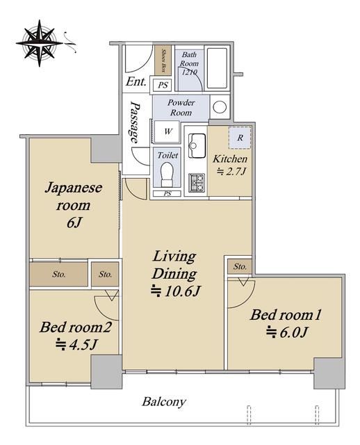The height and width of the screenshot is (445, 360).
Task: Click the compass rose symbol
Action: click(x=40, y=43)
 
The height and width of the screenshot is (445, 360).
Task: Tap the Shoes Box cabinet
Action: click(x=163, y=60)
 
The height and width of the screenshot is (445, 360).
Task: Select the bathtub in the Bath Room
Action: click(x=217, y=68)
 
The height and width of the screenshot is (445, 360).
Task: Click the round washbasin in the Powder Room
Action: click(x=220, y=107)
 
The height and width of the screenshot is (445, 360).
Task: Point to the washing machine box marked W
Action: click(x=167, y=131)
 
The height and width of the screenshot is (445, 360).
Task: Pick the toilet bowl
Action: click(x=167, y=175)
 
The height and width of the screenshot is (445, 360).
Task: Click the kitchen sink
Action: click(x=197, y=146)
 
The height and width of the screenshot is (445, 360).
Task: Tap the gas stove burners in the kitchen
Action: click(x=196, y=182)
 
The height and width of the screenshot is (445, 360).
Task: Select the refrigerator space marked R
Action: click(x=240, y=138)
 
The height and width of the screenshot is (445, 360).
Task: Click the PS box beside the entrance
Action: click(x=163, y=85)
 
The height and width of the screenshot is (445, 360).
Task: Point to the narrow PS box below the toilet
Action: click(x=167, y=193)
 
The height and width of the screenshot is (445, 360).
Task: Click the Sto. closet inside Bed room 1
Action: click(x=240, y=266)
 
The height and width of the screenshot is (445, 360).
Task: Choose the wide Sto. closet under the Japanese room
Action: click(x=58, y=274)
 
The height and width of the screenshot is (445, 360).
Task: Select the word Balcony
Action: click(x=164, y=402)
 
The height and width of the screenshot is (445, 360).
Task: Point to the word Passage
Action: click(x=135, y=122)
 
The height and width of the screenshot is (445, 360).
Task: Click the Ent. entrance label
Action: click(x=136, y=82)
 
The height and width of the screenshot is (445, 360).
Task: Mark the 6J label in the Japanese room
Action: click(x=74, y=223)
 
